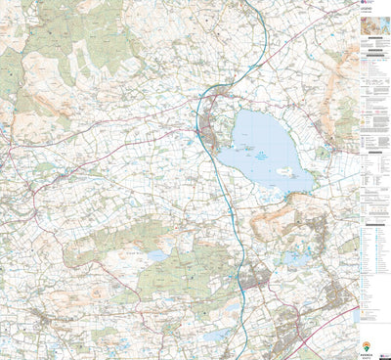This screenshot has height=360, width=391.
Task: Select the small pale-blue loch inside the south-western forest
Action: (x=155, y=256)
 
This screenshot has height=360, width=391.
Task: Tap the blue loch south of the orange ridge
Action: (x=293, y=258)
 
